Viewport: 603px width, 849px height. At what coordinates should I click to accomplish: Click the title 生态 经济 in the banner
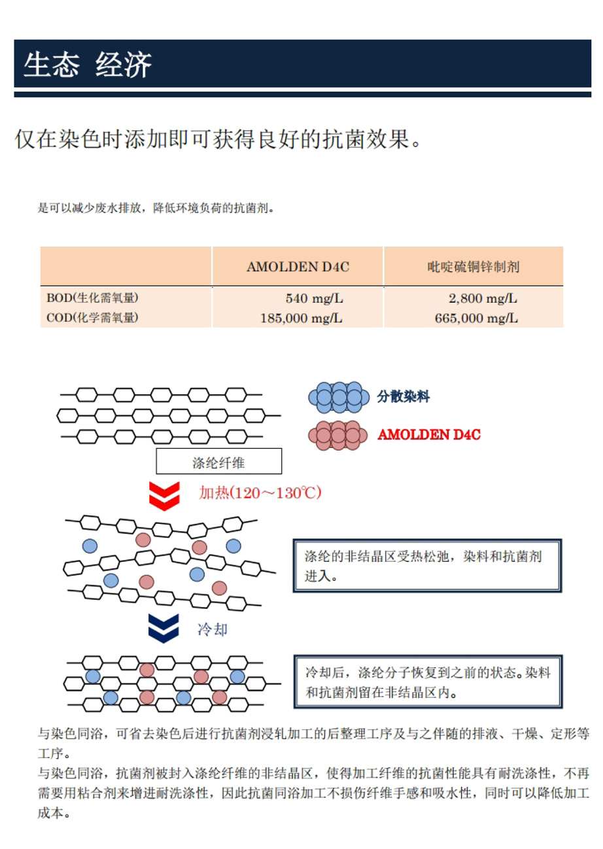coord(88,65)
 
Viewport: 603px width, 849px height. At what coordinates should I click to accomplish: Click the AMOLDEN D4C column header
coord(298,267)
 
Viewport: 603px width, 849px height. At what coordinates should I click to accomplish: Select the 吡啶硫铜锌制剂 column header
coord(474,267)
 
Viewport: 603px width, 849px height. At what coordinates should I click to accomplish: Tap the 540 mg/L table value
coord(314,298)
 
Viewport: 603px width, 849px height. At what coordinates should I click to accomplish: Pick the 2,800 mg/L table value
coord(483,298)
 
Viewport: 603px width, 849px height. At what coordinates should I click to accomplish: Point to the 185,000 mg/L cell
coord(301,318)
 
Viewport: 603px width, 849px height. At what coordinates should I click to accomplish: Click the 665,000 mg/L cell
coord(476,318)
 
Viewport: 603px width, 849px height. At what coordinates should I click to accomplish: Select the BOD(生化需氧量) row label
coord(92,298)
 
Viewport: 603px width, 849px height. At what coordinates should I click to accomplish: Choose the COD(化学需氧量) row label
coord(92,317)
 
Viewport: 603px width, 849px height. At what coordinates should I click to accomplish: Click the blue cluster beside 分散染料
coord(339,397)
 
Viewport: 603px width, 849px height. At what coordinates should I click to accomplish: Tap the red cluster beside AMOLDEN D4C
coord(337,435)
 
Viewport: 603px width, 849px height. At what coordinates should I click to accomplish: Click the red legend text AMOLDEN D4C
coord(429,434)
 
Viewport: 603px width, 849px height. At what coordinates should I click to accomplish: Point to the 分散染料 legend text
coord(403,396)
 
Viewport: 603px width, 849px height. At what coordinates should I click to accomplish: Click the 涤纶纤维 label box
coord(218,461)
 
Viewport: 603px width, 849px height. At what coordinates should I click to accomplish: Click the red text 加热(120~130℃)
coord(260,493)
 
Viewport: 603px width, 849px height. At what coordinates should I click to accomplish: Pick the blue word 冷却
coord(213,629)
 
